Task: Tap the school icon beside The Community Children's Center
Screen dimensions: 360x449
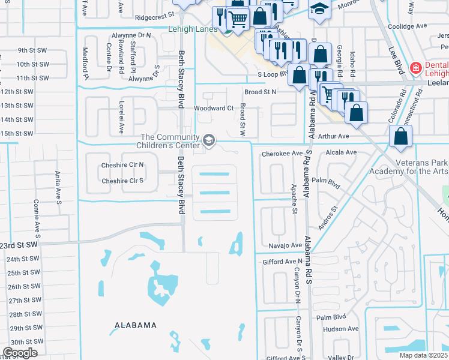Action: pyautogui.click(x=209, y=140)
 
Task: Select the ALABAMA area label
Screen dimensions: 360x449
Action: pyautogui.click(x=136, y=325)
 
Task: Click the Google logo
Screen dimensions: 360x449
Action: pyautogui.click(x=20, y=353)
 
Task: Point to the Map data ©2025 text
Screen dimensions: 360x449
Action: pyautogui.click(x=423, y=355)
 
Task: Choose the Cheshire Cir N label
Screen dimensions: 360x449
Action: pyautogui.click(x=122, y=164)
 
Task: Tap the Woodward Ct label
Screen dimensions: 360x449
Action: pyautogui.click(x=213, y=109)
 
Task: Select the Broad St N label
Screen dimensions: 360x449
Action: pyautogui.click(x=260, y=92)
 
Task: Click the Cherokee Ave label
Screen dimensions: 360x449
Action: pyautogui.click(x=282, y=154)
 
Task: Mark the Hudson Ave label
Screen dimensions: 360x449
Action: pyautogui.click(x=340, y=329)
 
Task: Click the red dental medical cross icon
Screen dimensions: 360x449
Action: pyautogui.click(x=414, y=68)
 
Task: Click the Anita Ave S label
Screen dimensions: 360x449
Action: pyautogui.click(x=59, y=187)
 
